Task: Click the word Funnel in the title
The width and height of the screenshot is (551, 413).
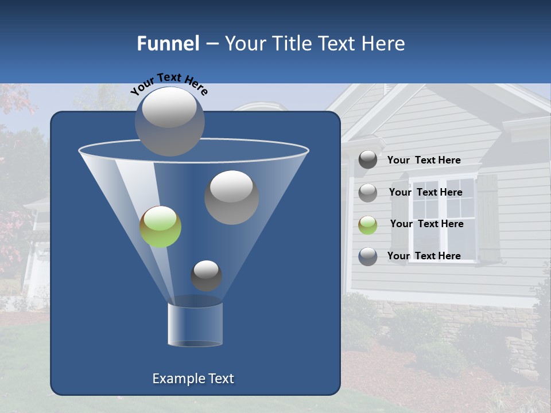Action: (168, 44)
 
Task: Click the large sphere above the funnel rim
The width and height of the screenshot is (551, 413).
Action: (169, 121)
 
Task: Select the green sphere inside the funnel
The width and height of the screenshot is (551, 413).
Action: (160, 227)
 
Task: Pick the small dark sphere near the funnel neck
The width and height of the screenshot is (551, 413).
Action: (206, 275)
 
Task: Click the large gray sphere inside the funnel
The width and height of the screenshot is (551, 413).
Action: (231, 197)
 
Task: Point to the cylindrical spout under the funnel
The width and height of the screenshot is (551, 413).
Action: (195, 324)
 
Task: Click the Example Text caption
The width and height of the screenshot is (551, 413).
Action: (193, 379)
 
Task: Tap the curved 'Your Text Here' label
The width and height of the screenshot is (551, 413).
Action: (169, 83)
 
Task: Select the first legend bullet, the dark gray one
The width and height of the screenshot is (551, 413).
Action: (368, 160)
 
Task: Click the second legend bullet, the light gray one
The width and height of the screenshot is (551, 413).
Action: (368, 192)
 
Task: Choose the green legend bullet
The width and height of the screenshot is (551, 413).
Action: (368, 224)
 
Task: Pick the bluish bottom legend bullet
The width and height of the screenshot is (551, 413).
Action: (368, 256)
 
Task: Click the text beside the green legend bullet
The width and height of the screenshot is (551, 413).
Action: (426, 224)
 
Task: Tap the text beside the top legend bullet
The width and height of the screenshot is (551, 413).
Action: (424, 160)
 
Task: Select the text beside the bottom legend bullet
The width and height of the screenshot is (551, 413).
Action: (424, 256)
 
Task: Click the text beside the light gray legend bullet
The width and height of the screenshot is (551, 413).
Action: (425, 192)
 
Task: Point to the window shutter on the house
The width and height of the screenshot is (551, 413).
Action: (488, 218)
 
